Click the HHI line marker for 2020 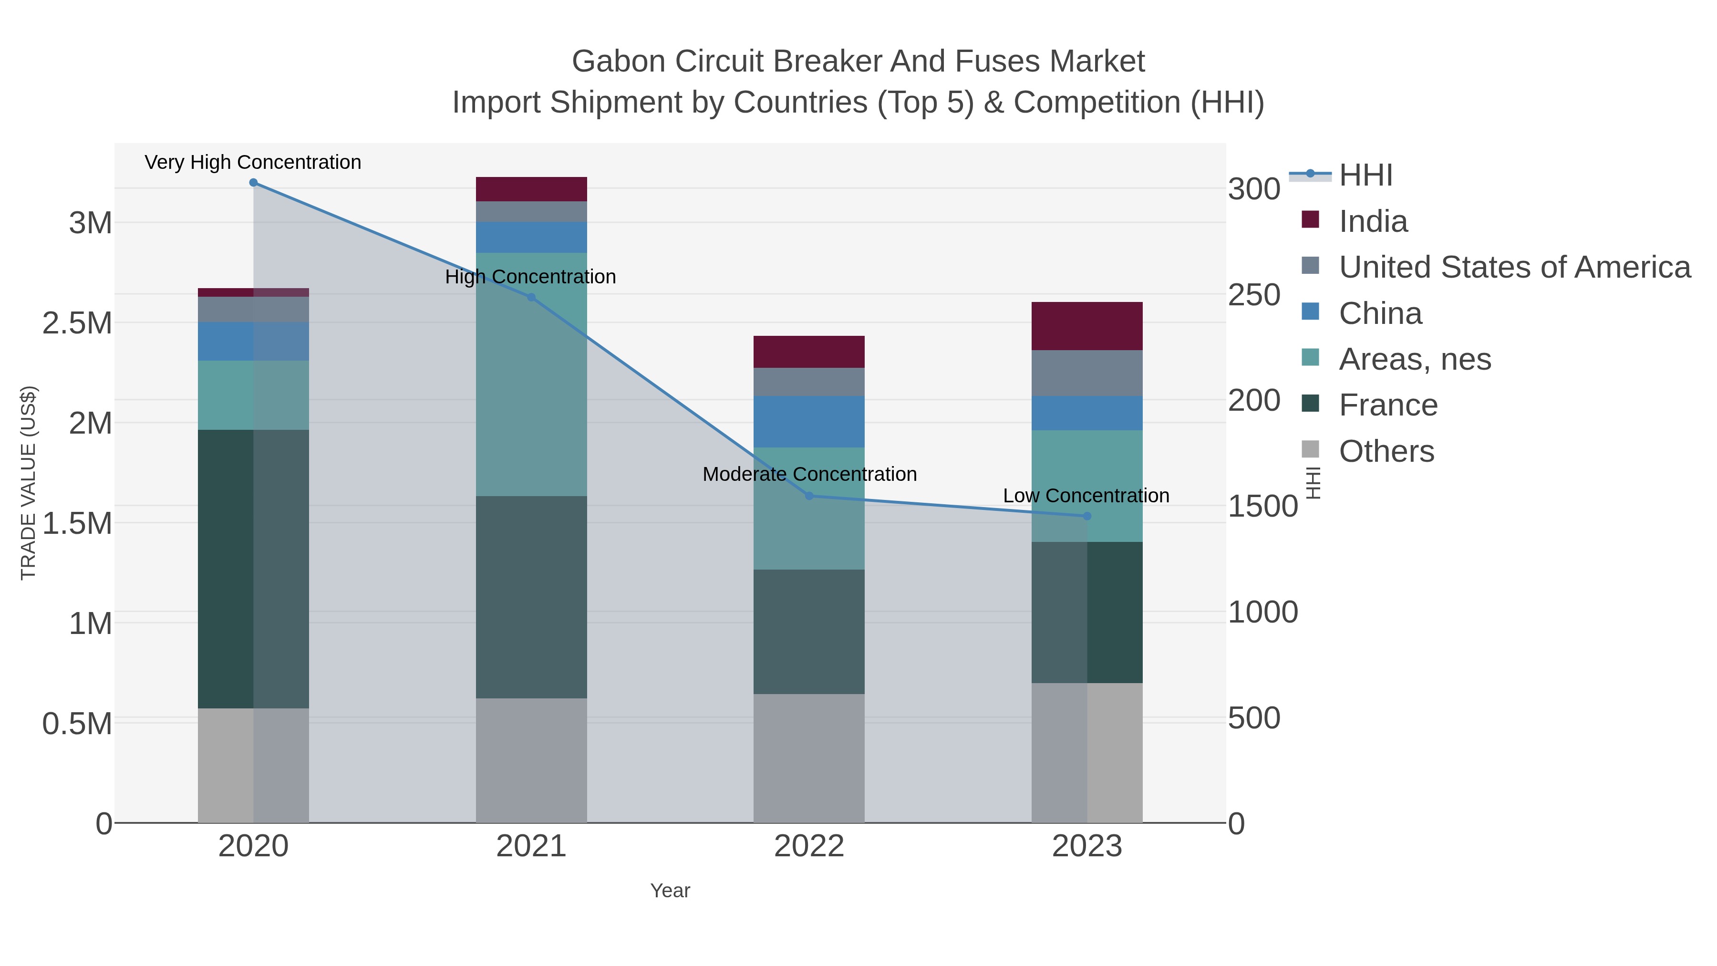click(253, 183)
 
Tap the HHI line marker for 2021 click(531, 297)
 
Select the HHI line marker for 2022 click(809, 495)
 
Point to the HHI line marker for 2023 click(1087, 516)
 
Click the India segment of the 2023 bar click(1087, 326)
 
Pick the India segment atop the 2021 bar click(531, 189)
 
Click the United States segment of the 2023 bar click(1087, 374)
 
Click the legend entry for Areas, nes click(1415, 359)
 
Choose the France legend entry click(1388, 405)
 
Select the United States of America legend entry click(1514, 267)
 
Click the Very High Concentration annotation click(253, 162)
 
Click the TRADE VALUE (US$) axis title click(28, 483)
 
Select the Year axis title click(670, 891)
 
